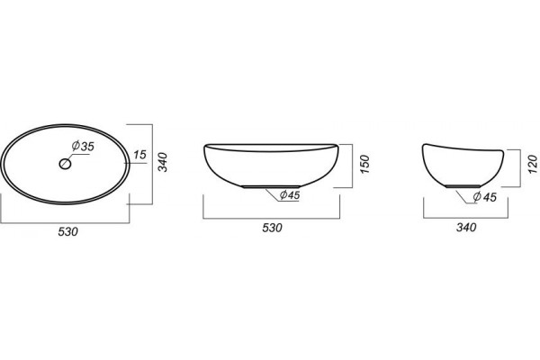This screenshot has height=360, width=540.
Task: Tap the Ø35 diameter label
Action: pos(83,146)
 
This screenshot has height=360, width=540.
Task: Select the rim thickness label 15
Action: pos(139,155)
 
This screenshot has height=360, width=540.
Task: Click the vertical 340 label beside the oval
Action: pos(162,162)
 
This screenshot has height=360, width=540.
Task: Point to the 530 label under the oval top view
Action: pos(67,232)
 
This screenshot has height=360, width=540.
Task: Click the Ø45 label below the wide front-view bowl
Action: pos(290,195)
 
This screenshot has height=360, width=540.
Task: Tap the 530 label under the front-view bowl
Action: pos(272,228)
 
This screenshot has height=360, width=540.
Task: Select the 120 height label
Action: pos(532,165)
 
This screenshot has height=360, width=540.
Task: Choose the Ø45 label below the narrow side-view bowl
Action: pos(484,197)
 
